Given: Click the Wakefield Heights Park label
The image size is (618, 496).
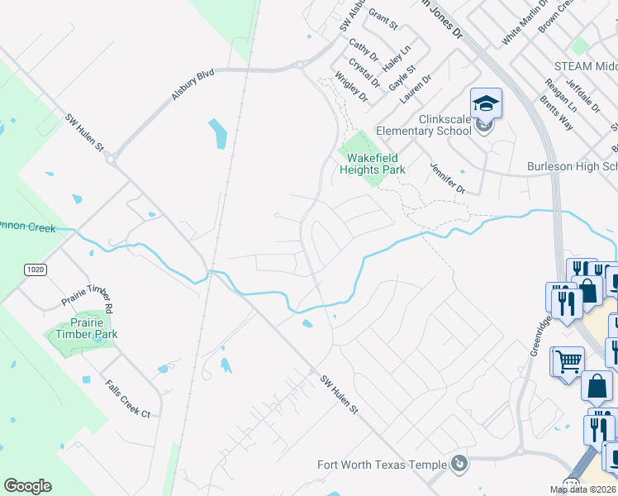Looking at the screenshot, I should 373,164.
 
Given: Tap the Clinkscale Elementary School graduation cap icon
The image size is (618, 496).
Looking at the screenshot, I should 486,103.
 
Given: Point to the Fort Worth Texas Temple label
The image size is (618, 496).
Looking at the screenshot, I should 382,465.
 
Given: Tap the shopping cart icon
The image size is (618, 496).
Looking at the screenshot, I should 567,360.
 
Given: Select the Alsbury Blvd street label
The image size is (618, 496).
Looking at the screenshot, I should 193,85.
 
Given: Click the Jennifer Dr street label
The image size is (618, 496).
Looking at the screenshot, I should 448,179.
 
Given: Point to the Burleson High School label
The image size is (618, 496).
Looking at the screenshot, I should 572,167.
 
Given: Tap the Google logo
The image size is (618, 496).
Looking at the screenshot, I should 27,486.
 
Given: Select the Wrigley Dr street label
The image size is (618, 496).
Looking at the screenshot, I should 351,87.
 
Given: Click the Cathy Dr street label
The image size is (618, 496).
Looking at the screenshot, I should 363,50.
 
